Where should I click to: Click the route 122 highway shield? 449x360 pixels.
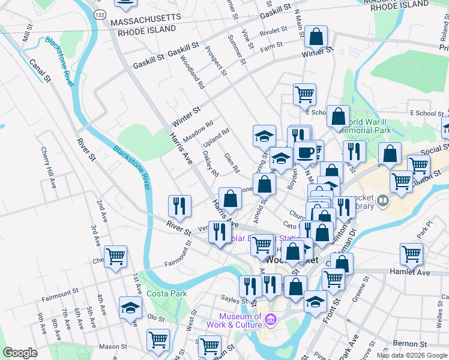click(100, 13)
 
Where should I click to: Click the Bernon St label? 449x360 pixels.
click(413, 344)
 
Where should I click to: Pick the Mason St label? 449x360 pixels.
click(112, 346)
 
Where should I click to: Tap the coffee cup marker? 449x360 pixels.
click(305, 152)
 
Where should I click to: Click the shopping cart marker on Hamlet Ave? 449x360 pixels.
click(412, 253)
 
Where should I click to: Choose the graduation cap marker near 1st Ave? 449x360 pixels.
click(130, 308)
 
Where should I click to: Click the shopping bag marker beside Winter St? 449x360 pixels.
click(316, 37)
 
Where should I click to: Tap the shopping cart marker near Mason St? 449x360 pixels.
click(158, 339)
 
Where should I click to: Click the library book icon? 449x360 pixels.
click(384, 200)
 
